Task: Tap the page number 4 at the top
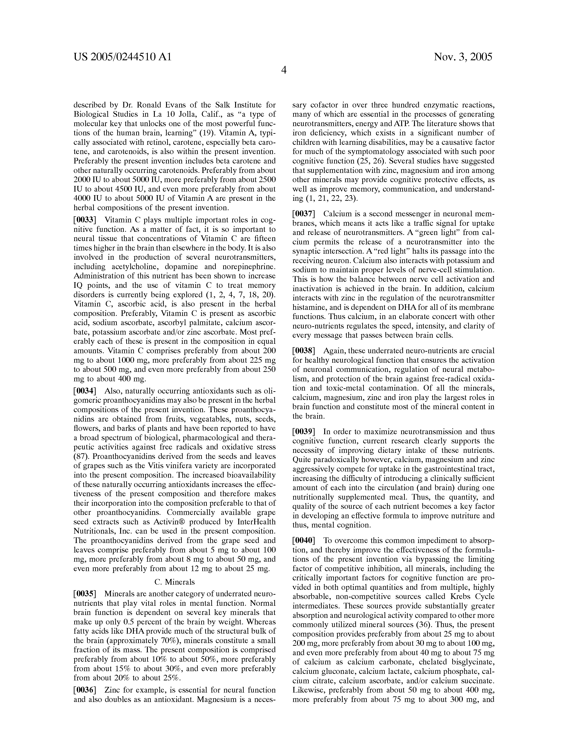(283, 70)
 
